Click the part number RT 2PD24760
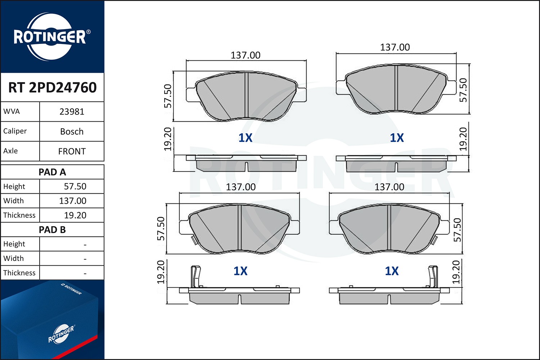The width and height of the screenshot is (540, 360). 52,87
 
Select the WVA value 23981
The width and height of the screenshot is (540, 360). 72,112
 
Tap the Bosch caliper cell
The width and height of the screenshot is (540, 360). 72,131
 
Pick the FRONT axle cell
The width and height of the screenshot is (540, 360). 72,151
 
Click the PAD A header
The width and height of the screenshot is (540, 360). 52,172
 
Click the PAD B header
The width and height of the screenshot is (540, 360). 52,230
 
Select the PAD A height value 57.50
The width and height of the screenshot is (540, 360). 75,186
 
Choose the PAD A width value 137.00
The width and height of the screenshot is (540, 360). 73,201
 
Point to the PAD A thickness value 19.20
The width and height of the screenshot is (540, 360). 75,215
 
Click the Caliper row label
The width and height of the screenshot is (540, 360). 15,131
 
